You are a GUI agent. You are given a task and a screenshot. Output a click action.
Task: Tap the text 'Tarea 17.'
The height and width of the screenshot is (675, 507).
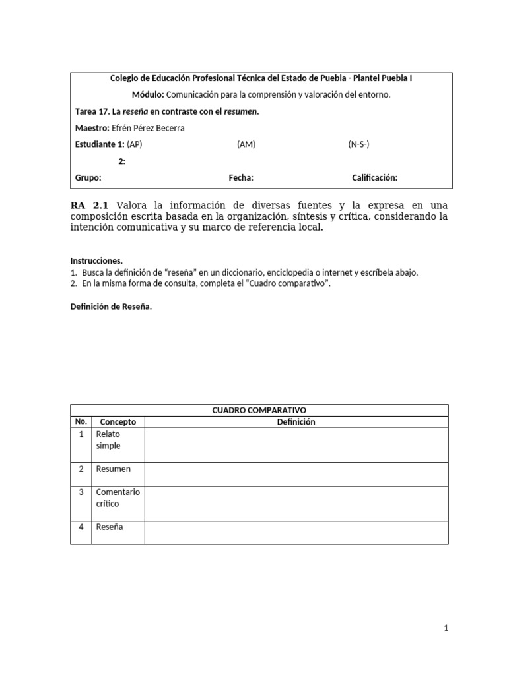pos(93,111)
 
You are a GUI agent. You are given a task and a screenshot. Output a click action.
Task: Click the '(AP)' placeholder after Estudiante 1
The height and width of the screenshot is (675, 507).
pos(134,144)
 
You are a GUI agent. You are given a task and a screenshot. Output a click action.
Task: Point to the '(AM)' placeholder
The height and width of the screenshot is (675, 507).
pos(246,144)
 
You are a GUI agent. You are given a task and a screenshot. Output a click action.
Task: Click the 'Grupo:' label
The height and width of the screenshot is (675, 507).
pos(88,177)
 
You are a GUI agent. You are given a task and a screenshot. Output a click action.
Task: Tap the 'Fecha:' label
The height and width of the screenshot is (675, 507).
pos(241,177)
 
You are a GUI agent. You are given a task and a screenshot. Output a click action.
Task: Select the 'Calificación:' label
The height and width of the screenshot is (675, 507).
pos(374,177)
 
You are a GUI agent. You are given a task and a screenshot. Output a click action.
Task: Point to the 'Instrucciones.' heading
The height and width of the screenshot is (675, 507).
pos(96,260)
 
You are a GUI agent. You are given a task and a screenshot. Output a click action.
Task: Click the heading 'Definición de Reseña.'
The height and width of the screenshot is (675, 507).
pos(111,307)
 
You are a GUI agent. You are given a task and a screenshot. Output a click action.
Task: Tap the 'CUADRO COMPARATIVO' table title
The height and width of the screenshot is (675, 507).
pos(259,410)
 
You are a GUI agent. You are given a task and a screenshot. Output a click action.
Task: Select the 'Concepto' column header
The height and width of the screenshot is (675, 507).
pos(118,422)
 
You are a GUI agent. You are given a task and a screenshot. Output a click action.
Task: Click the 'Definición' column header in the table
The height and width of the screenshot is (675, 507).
pos(296,422)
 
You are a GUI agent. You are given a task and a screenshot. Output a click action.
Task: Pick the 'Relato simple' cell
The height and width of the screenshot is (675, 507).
pos(108,440)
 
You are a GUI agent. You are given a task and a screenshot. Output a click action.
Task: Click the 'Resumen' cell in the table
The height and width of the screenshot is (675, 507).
pos(114,469)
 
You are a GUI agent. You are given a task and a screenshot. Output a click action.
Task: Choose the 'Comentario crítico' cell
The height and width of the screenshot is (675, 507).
pos(118,498)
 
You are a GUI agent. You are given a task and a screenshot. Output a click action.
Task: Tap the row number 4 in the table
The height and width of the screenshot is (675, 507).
pos(81,527)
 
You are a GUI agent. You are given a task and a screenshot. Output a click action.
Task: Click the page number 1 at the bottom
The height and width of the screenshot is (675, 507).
pos(446,629)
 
